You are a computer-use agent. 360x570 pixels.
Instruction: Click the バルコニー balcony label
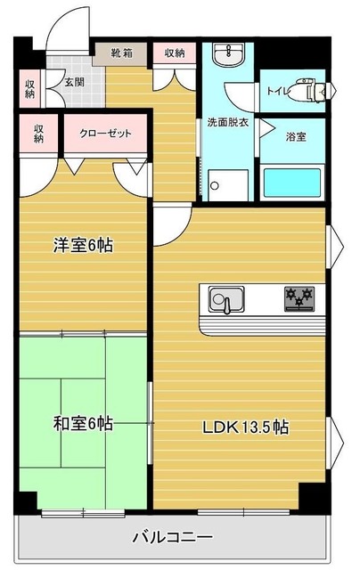tap(172, 536)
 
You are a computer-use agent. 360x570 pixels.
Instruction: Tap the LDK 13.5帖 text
tap(245, 427)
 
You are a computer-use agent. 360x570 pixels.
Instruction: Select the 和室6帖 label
tap(83, 424)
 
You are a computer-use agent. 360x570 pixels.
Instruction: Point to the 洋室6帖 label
tap(83, 246)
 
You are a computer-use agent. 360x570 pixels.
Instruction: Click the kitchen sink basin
tap(225, 298)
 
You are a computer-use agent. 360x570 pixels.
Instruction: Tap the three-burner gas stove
tap(299, 299)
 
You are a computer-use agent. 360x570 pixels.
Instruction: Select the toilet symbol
tap(314, 89)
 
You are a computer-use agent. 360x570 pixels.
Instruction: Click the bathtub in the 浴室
tap(292, 183)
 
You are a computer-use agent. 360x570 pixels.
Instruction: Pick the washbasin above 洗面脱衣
tap(228, 54)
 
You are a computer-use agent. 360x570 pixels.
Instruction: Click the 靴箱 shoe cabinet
tap(120, 53)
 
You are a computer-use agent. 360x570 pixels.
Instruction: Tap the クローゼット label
tap(105, 134)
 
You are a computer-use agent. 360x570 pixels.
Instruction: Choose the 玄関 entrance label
tap(74, 82)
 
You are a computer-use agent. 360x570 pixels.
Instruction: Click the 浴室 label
tap(296, 137)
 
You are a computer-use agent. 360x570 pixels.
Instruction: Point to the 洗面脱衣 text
tap(227, 122)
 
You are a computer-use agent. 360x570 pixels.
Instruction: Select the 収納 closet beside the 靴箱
tap(175, 53)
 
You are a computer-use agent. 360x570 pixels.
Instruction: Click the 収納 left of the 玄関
tap(29, 88)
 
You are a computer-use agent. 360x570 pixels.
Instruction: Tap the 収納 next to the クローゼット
tap(38, 134)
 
